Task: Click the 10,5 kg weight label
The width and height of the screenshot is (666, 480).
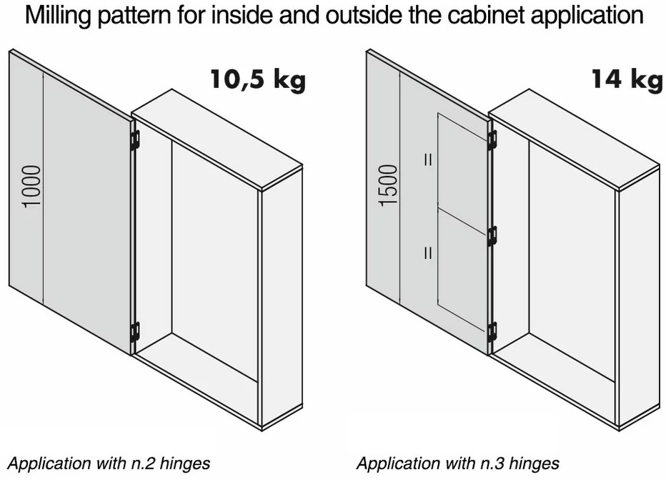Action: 258,79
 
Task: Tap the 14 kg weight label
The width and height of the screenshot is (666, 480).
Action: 627,79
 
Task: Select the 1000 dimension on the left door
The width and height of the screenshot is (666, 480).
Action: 32,187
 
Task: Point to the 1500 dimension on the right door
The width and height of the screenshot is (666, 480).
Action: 389,186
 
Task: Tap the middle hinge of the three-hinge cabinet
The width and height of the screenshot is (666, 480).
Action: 492,236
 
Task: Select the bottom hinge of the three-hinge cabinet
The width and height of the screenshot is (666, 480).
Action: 492,332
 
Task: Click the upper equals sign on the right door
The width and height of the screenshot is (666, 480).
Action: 428,160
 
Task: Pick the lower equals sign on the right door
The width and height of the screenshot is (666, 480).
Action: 428,253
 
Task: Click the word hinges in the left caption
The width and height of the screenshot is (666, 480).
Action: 185,464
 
